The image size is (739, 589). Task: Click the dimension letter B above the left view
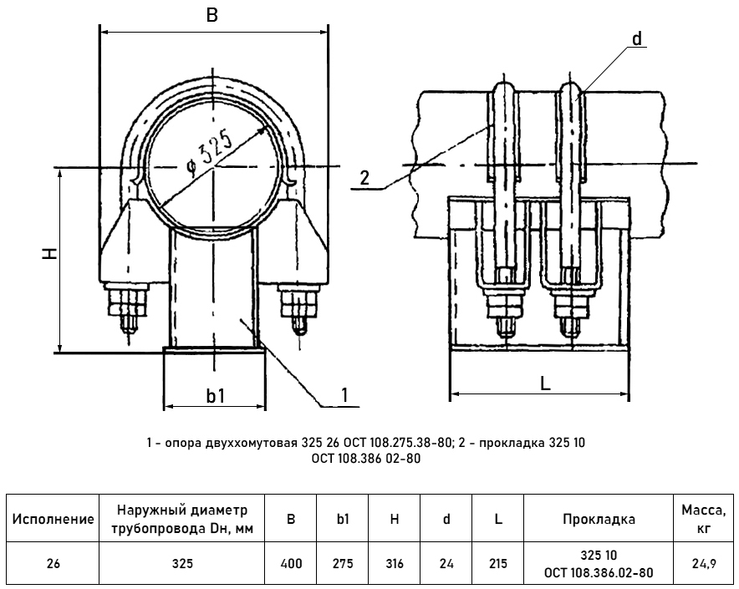(212, 15)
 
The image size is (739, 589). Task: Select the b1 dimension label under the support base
(216, 396)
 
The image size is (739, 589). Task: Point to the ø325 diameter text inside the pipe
(209, 153)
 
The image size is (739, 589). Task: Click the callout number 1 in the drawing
(345, 395)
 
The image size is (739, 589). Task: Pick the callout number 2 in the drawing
(364, 178)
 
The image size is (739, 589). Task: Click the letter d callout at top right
(637, 38)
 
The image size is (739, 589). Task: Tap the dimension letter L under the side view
(545, 384)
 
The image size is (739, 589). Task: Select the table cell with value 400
(291, 564)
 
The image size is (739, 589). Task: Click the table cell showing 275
(343, 564)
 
